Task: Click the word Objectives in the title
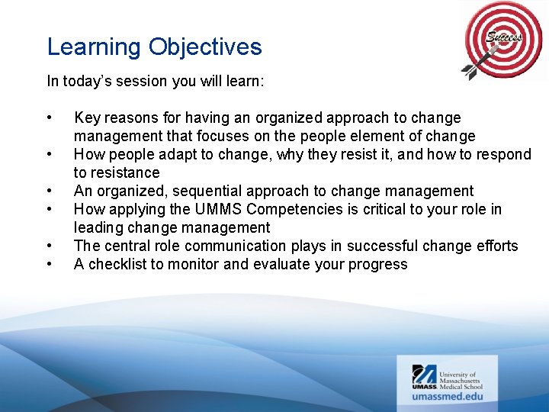205,47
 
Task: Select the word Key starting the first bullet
86,118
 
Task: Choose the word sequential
207,192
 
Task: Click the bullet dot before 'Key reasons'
50,118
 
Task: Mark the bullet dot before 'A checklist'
50,265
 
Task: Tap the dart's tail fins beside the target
470,72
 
